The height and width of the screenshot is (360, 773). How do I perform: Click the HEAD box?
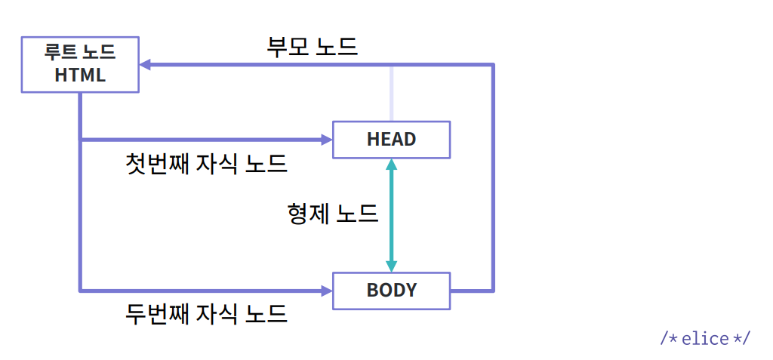(391, 140)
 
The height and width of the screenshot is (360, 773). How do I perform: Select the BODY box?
(391, 291)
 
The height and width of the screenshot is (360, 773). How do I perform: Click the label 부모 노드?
(312, 48)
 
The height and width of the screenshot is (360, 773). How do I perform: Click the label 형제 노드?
(332, 214)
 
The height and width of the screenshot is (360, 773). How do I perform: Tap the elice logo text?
(705, 338)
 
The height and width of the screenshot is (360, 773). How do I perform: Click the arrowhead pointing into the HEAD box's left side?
(326, 140)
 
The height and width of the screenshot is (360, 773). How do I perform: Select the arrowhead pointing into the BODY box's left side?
(326, 291)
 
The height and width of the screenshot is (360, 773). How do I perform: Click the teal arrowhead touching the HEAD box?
(391, 165)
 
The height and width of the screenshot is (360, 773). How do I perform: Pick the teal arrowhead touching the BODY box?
(391, 266)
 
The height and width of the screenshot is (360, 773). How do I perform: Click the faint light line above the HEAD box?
(391, 93)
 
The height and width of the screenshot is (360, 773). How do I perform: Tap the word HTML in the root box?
(80, 76)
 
